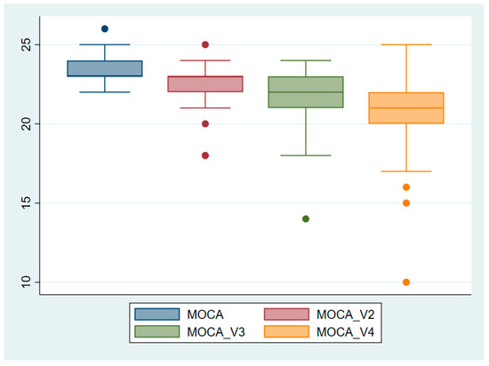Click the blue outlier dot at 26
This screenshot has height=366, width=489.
105,28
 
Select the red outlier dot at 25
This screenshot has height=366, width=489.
205,44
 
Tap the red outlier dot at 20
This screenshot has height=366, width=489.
205,123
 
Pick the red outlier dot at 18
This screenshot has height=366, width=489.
205,155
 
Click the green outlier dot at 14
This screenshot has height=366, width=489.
306,219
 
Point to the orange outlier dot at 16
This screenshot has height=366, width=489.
406,187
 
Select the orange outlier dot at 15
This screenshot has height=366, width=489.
406,203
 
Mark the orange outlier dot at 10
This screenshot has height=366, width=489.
406,282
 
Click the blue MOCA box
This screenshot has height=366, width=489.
105,68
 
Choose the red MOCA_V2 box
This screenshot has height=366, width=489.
205,84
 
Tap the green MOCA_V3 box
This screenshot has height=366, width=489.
306,92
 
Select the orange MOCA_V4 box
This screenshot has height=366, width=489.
406,107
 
